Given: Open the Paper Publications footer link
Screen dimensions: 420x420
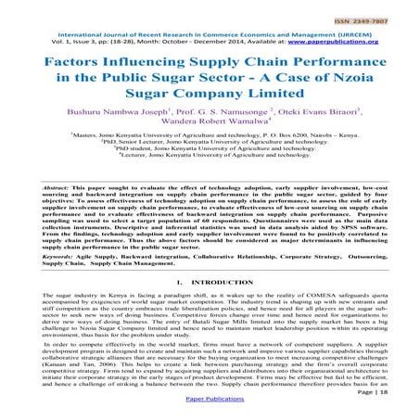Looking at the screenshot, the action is pyautogui.click(x=210, y=404).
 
